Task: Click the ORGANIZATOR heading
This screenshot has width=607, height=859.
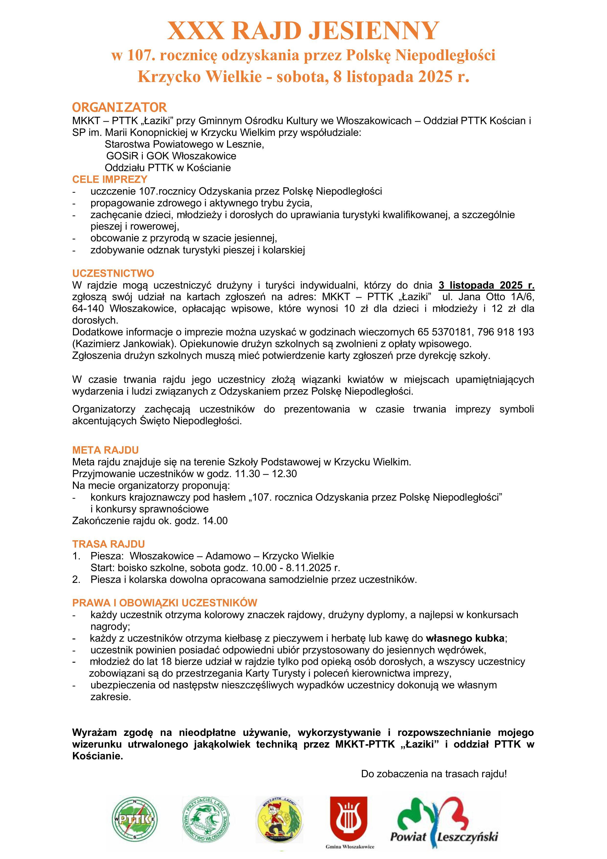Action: click(x=119, y=107)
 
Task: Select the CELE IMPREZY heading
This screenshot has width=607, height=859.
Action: click(x=110, y=179)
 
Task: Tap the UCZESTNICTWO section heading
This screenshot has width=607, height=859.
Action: click(x=113, y=273)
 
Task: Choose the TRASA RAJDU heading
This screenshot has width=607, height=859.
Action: click(x=108, y=544)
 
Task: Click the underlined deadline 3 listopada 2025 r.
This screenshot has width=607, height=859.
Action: click(x=486, y=285)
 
